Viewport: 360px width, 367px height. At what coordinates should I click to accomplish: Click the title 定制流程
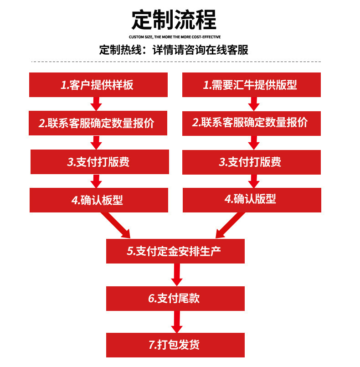pyautogui.click(x=174, y=20)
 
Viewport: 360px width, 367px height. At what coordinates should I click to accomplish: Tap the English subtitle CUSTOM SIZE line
pyautogui.click(x=175, y=36)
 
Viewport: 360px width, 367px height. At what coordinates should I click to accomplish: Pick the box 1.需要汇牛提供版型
pyautogui.click(x=251, y=85)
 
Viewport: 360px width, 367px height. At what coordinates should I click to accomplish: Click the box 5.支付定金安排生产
pyautogui.click(x=175, y=251)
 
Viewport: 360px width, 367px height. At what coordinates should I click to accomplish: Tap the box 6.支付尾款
pyautogui.click(x=175, y=299)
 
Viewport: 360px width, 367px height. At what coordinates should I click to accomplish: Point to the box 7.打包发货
pyautogui.click(x=175, y=345)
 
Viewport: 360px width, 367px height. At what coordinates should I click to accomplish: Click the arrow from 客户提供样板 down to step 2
pyautogui.click(x=96, y=103)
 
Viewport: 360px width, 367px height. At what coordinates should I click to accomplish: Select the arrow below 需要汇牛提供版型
pyautogui.click(x=253, y=103)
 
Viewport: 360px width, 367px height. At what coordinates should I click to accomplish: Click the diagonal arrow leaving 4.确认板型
pyautogui.click(x=117, y=225)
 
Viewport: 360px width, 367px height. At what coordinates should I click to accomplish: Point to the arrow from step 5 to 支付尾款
pyautogui.click(x=176, y=274)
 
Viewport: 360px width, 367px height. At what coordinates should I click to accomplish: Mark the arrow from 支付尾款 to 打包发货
pyautogui.click(x=176, y=322)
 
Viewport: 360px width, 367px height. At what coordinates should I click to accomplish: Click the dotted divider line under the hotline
pyautogui.click(x=176, y=61)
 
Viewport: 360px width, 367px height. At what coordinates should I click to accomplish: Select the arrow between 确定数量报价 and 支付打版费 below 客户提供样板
pyautogui.click(x=96, y=142)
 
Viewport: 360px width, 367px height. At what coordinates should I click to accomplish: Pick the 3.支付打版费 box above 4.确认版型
pyautogui.click(x=251, y=162)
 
